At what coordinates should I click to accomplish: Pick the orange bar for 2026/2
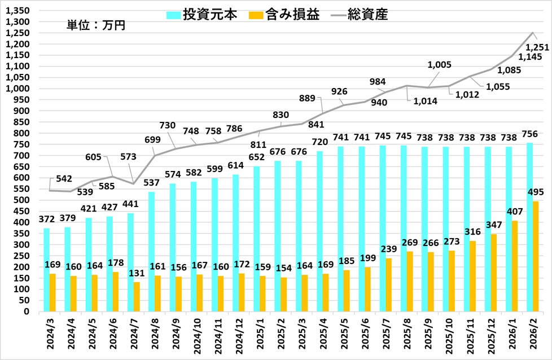(x=536, y=256)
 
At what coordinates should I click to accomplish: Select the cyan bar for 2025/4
(x=319, y=231)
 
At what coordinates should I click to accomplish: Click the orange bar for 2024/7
(x=137, y=296)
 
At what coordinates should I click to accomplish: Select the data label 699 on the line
(x=153, y=140)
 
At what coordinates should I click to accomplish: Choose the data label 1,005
(x=439, y=65)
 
